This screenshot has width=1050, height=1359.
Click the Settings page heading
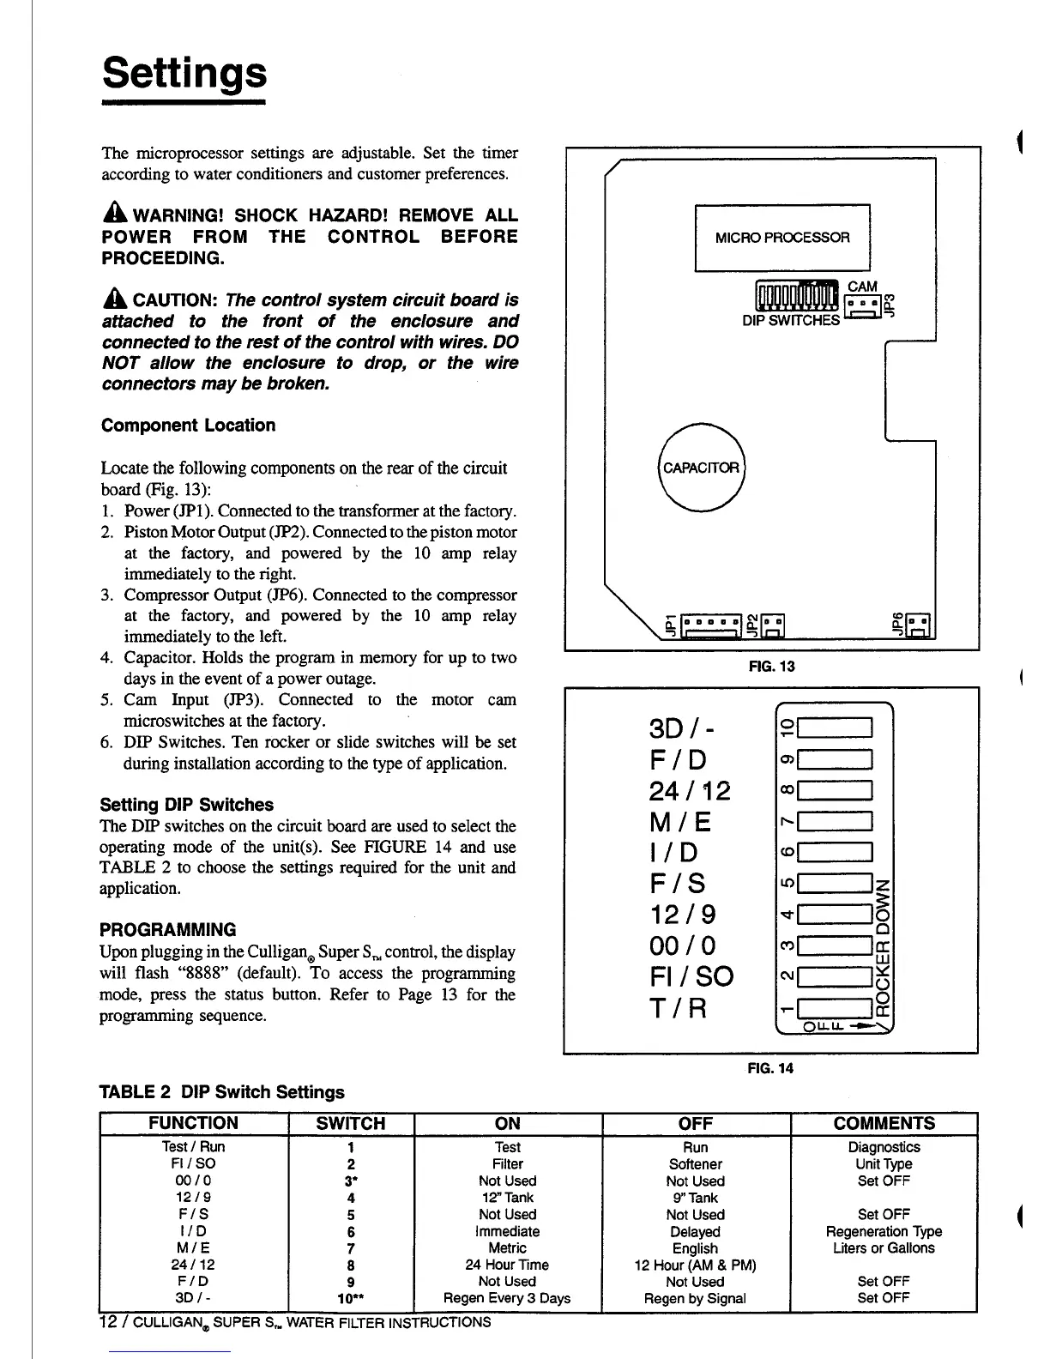184,74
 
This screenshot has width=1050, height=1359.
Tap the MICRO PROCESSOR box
781,238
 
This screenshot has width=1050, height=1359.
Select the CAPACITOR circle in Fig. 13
702,468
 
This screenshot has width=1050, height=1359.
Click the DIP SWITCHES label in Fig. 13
791,320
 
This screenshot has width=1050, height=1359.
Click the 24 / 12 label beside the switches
691,790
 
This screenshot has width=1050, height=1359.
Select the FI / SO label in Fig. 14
692,976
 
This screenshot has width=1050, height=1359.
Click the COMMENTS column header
884,1123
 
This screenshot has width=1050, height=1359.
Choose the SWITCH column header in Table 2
351,1123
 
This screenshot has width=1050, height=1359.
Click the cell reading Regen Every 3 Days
507,1298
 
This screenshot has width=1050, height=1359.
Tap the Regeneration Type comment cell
884,1231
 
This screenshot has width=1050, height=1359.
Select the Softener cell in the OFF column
695,1164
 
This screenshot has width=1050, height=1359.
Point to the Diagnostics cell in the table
884,1147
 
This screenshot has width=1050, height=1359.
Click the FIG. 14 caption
770,1068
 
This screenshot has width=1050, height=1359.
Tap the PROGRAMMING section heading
168,930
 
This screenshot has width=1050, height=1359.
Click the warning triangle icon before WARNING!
114,215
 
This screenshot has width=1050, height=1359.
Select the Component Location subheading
189,426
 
